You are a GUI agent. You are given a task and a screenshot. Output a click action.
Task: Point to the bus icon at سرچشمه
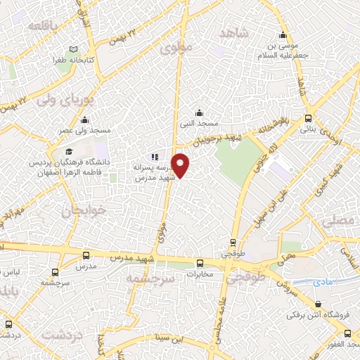point(55,269)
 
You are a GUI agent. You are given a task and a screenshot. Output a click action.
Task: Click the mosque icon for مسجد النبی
point(200,112)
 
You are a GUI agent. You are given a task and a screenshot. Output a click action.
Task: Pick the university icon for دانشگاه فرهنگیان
point(69,151)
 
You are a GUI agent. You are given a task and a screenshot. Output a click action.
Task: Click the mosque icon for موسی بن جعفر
point(283,36)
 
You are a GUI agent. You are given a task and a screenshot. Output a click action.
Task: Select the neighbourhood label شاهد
point(234,34)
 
